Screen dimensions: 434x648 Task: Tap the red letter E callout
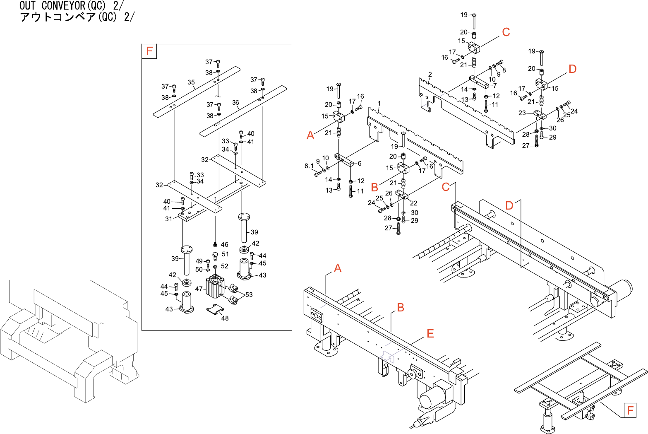[430, 334]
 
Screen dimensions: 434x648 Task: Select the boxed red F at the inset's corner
[149, 51]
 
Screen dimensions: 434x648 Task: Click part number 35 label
[191, 82]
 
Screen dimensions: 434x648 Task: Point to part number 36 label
[235, 102]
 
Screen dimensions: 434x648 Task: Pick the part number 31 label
[168, 219]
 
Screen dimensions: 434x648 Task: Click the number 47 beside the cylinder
[199, 289]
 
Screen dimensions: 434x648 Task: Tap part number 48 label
[225, 318]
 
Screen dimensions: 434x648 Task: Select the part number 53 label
[249, 294]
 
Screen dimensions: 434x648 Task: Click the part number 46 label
[225, 244]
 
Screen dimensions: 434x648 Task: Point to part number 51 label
[225, 254]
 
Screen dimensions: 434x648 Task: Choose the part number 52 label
[225, 266]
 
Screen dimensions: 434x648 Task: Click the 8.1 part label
[309, 166]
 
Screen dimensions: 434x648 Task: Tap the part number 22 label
[413, 203]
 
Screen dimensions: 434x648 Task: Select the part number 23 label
[522, 113]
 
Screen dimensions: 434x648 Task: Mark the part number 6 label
[360, 164]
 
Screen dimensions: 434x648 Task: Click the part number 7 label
[495, 85]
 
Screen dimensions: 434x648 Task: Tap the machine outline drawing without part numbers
[68, 340]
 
